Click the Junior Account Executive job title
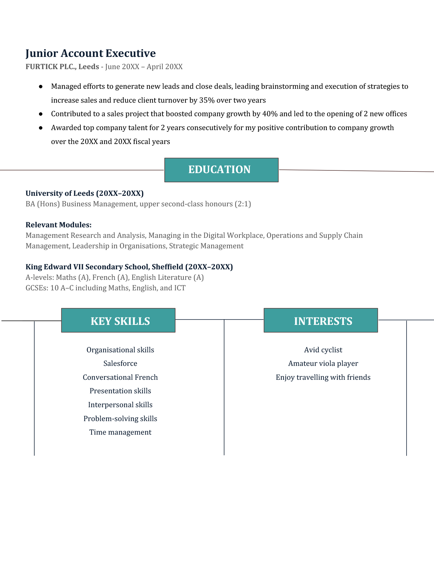coord(91,53)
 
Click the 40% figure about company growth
coord(270,114)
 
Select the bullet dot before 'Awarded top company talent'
coord(41,128)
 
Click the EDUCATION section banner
coord(221,170)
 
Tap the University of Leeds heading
coord(84,193)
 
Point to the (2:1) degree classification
coord(243,204)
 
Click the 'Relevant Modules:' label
coord(59,225)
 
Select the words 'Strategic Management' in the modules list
coord(206,246)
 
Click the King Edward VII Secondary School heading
coord(129,267)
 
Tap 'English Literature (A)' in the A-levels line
coord(167,277)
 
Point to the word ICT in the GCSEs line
coord(180,288)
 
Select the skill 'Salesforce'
coord(120,363)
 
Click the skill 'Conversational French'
coord(120,377)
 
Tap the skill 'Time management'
coord(120,432)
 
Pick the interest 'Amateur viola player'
coord(323,363)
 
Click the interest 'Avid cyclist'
coord(323,350)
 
